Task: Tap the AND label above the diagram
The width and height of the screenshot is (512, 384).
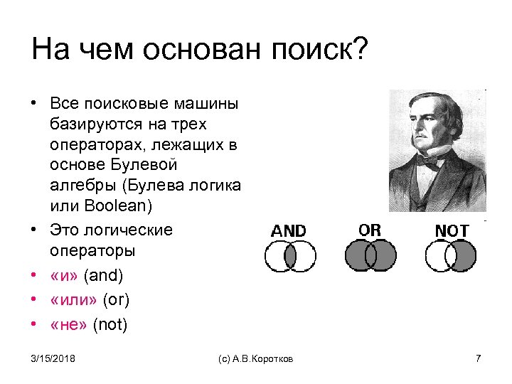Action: (x=289, y=231)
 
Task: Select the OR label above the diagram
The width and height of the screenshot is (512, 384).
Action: (x=370, y=230)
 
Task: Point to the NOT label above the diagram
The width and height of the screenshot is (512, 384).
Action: (x=452, y=231)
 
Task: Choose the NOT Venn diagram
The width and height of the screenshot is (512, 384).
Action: (x=452, y=256)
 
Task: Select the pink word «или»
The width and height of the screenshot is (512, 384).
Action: (x=75, y=300)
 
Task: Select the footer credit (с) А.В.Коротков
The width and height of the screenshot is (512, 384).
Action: (x=255, y=359)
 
